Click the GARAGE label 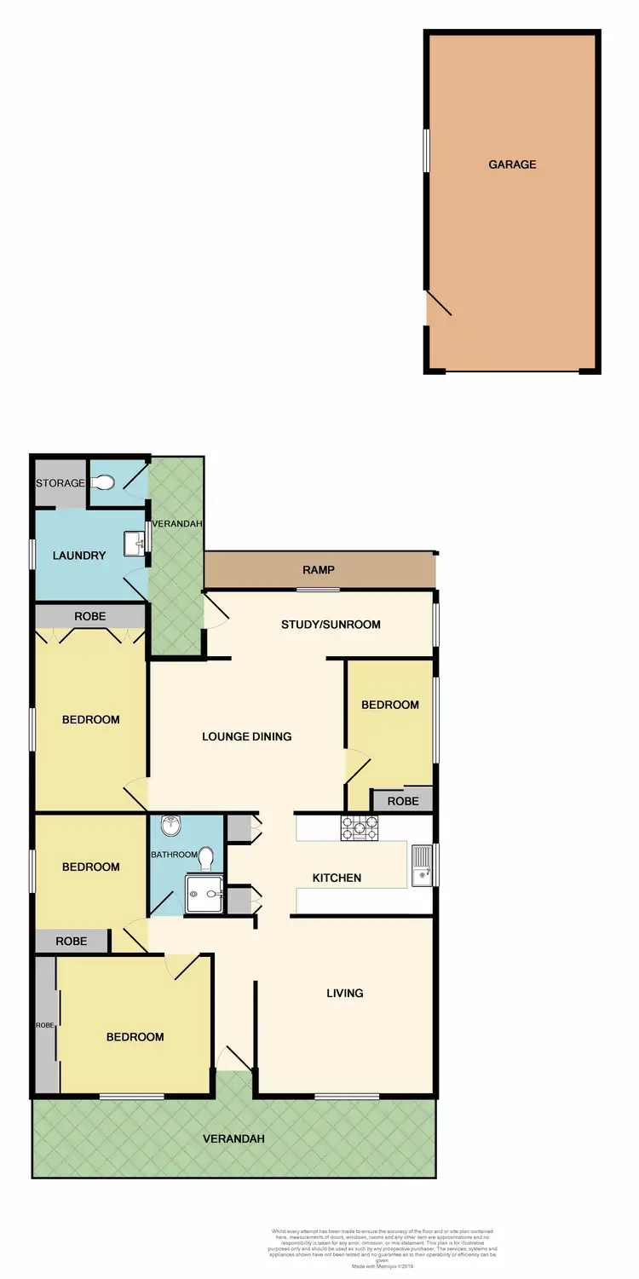click(512, 164)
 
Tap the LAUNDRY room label click(79, 556)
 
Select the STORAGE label click(60, 483)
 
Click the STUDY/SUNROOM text click(331, 625)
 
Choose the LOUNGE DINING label click(246, 736)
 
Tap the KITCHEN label click(337, 878)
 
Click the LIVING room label click(345, 993)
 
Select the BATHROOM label click(174, 854)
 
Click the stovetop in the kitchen click(359, 828)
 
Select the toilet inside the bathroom click(205, 855)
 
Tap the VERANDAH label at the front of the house click(233, 1138)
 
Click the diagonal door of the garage click(440, 302)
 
